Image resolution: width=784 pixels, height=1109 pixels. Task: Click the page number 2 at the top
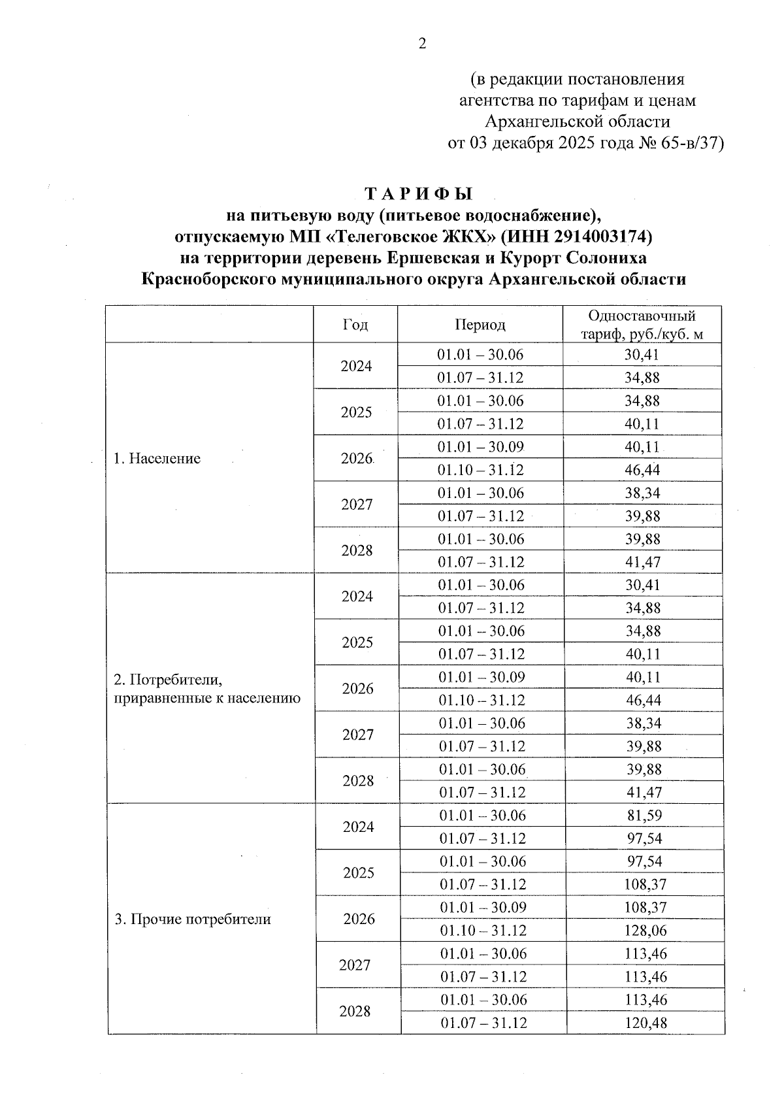point(421,44)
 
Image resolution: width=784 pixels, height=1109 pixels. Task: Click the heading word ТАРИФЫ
point(418,194)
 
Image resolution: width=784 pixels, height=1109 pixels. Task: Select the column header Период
point(480,325)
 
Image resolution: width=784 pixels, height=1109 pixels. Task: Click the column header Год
point(355,325)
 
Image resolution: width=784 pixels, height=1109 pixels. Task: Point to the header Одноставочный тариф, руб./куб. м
point(642,325)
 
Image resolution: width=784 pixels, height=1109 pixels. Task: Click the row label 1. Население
point(157,459)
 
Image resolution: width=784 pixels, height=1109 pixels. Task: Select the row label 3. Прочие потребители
point(192,919)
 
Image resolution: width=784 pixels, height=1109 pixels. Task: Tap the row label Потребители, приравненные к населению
point(206,689)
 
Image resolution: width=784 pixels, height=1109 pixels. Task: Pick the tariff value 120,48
point(645,1023)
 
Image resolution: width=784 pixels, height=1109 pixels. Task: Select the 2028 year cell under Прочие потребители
point(355,1012)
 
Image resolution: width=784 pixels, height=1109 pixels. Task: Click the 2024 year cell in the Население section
point(356,366)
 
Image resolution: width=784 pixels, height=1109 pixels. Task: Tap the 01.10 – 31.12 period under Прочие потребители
point(483,931)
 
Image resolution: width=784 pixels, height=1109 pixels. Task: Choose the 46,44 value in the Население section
point(643,470)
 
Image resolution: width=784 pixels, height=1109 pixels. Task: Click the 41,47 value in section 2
point(644,793)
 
